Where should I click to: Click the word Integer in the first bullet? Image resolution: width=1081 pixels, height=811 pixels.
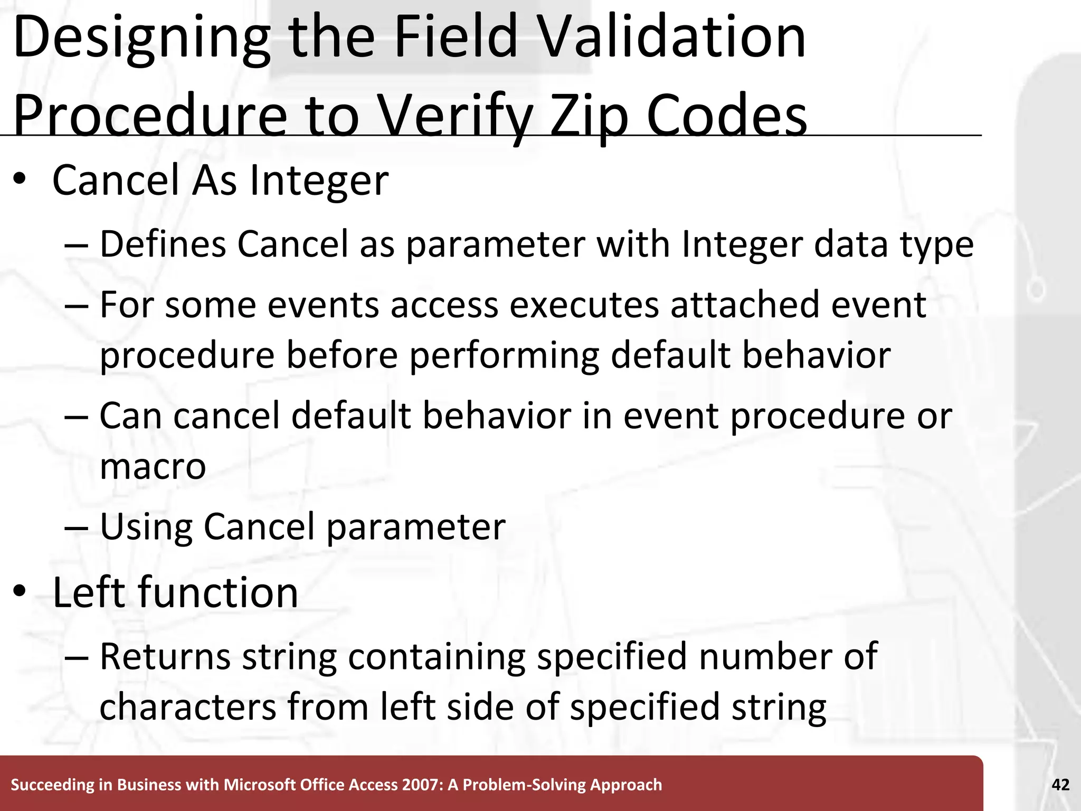(x=319, y=181)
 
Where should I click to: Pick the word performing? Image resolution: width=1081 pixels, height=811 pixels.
(x=504, y=355)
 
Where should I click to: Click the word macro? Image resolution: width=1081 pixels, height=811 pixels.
(x=153, y=466)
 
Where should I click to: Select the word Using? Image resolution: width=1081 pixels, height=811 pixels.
(x=146, y=527)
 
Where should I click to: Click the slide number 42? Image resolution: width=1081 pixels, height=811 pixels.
(x=1060, y=785)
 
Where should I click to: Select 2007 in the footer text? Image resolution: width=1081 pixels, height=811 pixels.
(x=421, y=785)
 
